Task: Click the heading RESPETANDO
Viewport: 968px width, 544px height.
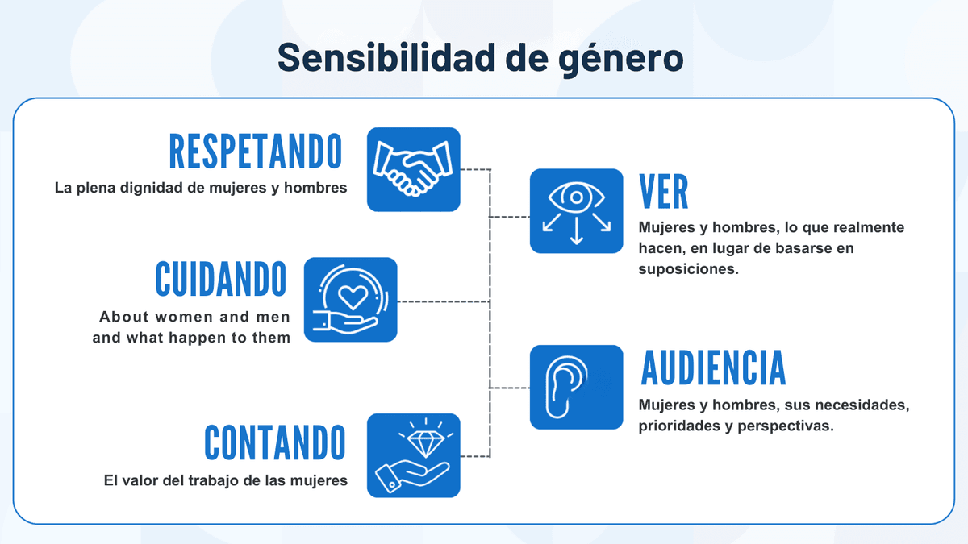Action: tap(256, 152)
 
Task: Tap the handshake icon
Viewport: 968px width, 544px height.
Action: tap(413, 169)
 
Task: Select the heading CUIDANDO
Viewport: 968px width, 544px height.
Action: tap(221, 279)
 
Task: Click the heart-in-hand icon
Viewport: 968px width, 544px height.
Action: tap(351, 299)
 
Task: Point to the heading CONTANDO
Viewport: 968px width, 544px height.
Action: tap(275, 442)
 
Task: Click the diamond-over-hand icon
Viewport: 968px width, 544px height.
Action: tap(413, 455)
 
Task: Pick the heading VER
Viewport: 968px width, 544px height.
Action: tap(663, 192)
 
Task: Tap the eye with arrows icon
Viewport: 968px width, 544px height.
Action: tap(576, 210)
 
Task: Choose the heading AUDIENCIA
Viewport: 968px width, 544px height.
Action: tap(713, 368)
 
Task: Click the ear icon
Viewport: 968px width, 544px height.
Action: tap(576, 387)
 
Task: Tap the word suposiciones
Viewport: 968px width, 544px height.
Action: tap(688, 269)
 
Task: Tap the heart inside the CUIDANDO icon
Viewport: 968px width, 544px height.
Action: tap(352, 295)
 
